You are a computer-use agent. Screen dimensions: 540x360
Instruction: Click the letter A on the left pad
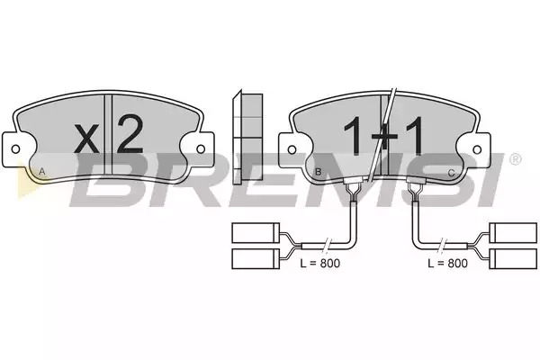[x=42, y=171]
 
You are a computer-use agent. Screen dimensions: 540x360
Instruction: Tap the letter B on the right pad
[x=319, y=171]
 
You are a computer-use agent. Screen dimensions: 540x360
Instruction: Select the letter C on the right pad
[x=451, y=173]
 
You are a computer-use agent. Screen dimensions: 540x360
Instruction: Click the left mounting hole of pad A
[x=15, y=149]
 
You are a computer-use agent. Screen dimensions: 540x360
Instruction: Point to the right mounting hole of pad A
[x=201, y=149]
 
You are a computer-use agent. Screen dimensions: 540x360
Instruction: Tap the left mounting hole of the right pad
[x=292, y=149]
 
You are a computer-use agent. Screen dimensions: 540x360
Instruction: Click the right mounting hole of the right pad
[x=477, y=149]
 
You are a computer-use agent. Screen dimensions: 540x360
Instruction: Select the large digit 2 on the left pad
[x=130, y=134]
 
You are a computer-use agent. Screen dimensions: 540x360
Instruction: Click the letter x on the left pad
[x=86, y=139]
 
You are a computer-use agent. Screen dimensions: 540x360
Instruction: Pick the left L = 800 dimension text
[x=319, y=263]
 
